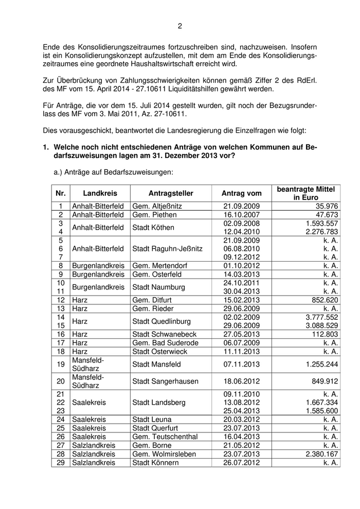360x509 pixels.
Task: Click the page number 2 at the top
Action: pos(180,26)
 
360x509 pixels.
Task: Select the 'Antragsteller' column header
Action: pos(171,193)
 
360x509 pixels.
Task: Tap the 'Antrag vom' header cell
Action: pos(241,193)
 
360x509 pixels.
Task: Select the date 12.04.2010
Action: pos(242,232)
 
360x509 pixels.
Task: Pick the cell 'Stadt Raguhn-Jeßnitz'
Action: pos(168,248)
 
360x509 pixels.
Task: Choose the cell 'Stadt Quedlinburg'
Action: pos(162,321)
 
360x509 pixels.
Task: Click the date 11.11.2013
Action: pos(242,351)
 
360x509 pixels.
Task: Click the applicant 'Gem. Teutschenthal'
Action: pos(165,437)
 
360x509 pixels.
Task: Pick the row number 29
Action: pos(61,463)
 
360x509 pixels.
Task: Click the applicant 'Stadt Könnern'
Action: pos(156,463)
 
